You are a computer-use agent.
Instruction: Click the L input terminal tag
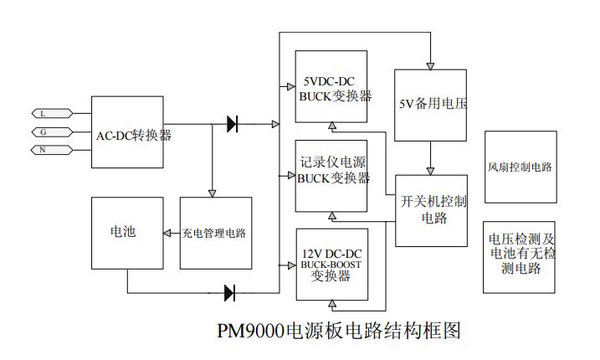click(44, 113)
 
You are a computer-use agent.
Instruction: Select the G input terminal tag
click(44, 131)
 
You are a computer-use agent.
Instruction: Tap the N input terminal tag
click(44, 150)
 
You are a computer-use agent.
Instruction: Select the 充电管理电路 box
click(215, 233)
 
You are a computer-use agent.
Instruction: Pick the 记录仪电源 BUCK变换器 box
click(331, 173)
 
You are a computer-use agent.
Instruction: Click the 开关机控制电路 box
click(430, 210)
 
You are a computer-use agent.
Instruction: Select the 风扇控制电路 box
click(520, 167)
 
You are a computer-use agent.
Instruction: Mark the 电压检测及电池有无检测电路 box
click(520, 257)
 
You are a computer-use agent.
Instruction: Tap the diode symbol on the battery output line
click(230, 293)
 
